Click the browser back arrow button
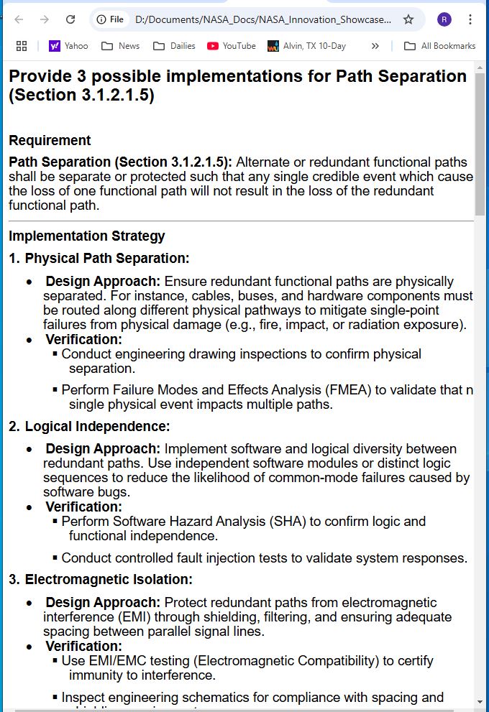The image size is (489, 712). (x=19, y=19)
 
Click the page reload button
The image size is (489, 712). (x=70, y=19)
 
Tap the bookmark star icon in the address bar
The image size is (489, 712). (x=408, y=19)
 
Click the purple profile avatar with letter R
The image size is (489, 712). (x=444, y=19)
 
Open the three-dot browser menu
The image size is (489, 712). (x=470, y=19)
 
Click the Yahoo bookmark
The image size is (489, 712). (x=68, y=46)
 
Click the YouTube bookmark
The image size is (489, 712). (x=231, y=46)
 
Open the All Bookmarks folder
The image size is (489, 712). (x=439, y=46)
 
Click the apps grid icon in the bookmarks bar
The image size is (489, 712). (x=22, y=46)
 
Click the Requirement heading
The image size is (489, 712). (x=50, y=140)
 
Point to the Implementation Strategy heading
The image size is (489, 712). (x=86, y=236)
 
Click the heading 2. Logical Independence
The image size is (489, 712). (x=89, y=426)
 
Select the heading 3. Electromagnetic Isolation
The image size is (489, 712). (x=100, y=579)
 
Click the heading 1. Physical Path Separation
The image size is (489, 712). (x=99, y=258)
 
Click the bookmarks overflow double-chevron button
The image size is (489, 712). (x=375, y=46)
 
